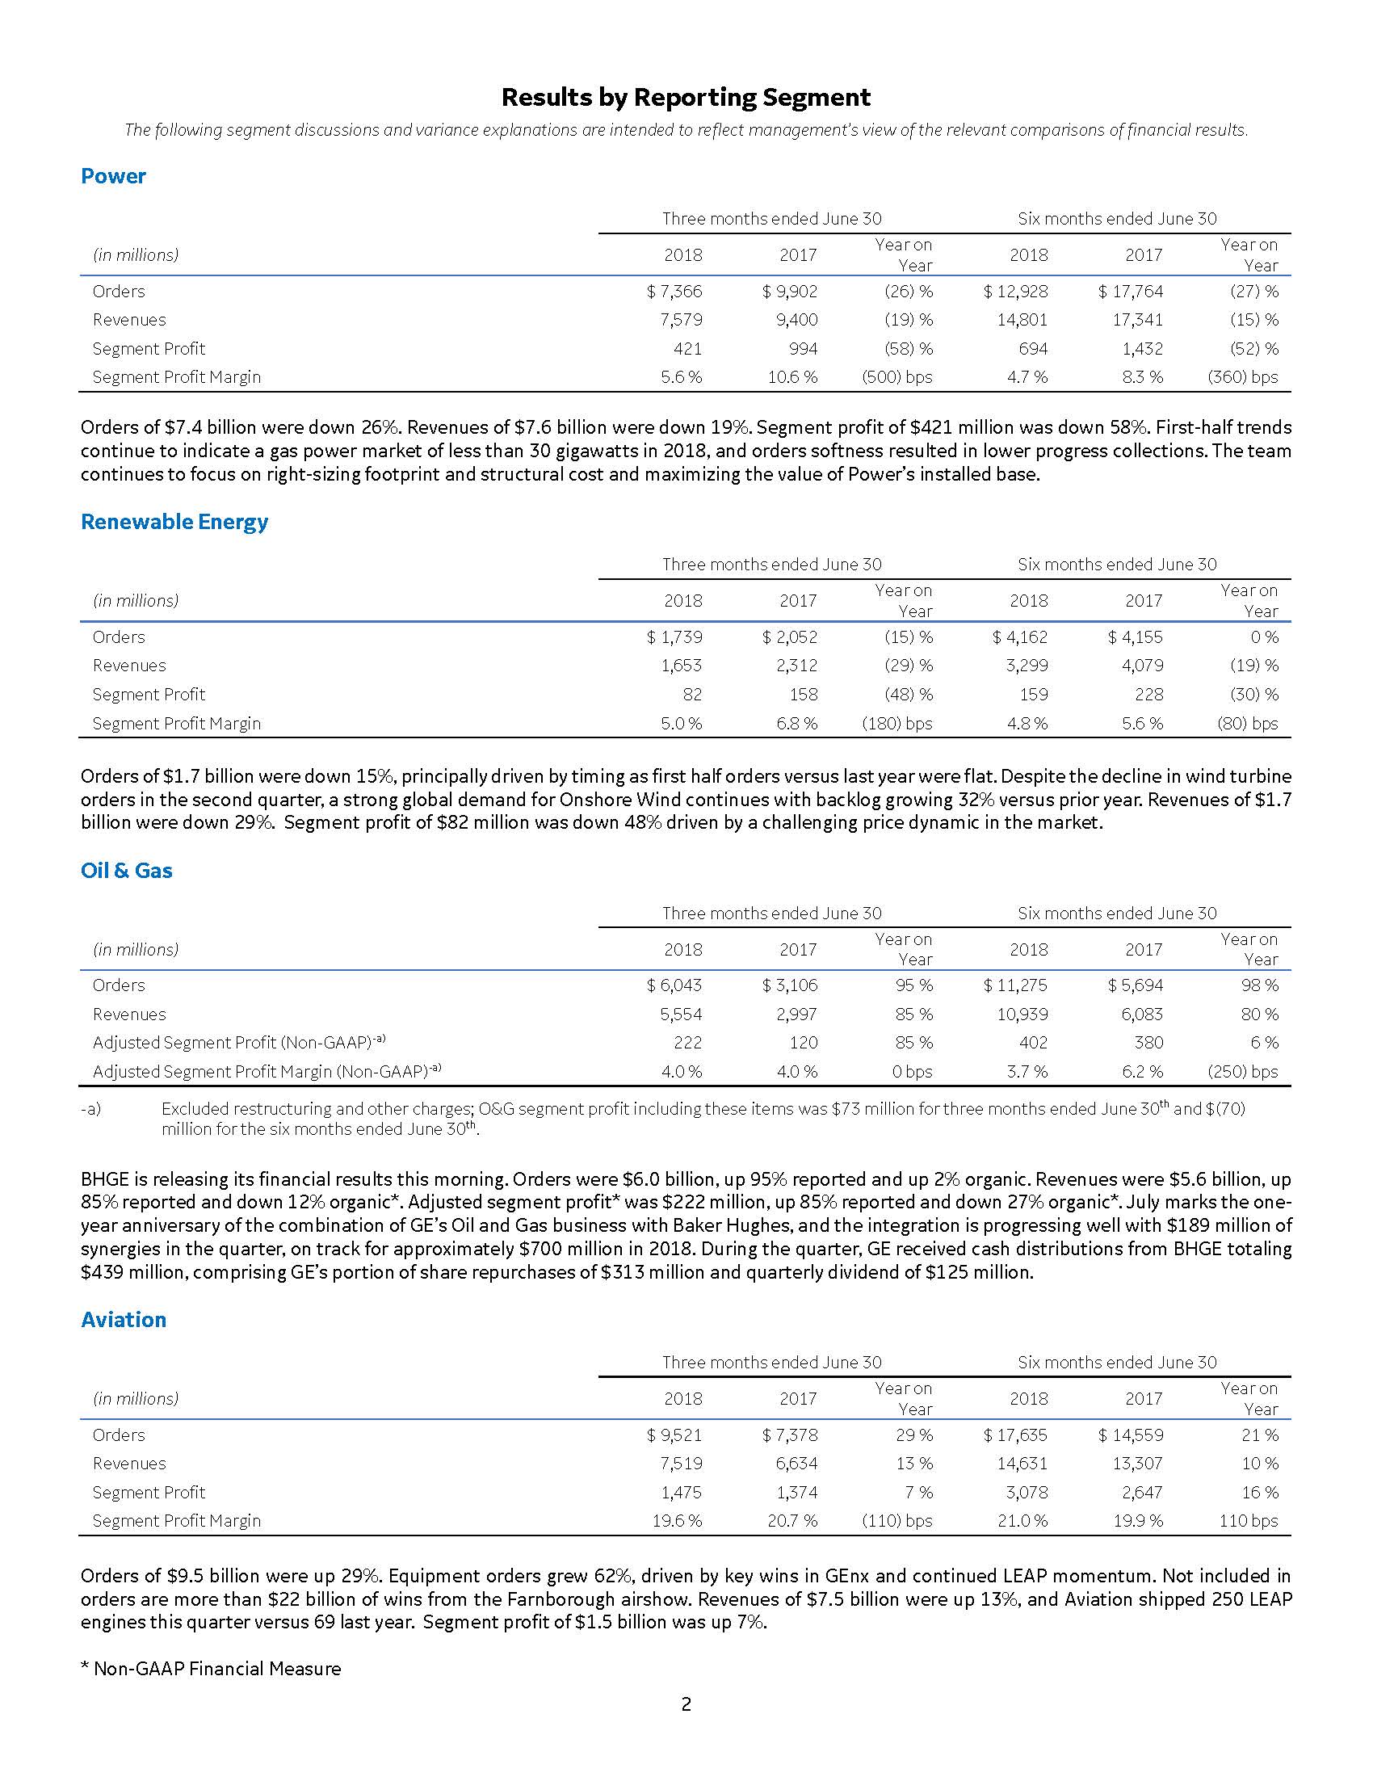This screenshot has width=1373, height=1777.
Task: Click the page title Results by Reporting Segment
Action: point(686,98)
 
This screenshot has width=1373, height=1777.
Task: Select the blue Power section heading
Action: point(113,177)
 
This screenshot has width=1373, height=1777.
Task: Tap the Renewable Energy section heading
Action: point(174,522)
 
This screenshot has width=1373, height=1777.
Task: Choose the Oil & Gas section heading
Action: point(126,871)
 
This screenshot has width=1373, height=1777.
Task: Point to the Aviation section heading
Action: point(123,1320)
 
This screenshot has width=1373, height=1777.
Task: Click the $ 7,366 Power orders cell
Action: point(674,292)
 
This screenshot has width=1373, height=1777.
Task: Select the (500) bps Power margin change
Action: point(896,377)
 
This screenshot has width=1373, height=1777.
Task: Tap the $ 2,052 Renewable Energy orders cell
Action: point(790,637)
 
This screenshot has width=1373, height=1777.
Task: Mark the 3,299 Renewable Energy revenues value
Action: point(1022,666)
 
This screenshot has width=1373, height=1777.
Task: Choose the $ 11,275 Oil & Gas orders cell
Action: point(1015,985)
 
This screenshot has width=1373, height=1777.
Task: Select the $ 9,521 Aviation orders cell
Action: point(674,1435)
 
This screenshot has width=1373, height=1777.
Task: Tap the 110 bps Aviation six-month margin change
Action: point(1249,1521)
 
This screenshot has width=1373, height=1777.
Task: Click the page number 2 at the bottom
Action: point(686,1703)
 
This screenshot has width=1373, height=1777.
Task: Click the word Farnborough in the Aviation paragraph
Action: point(543,1599)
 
